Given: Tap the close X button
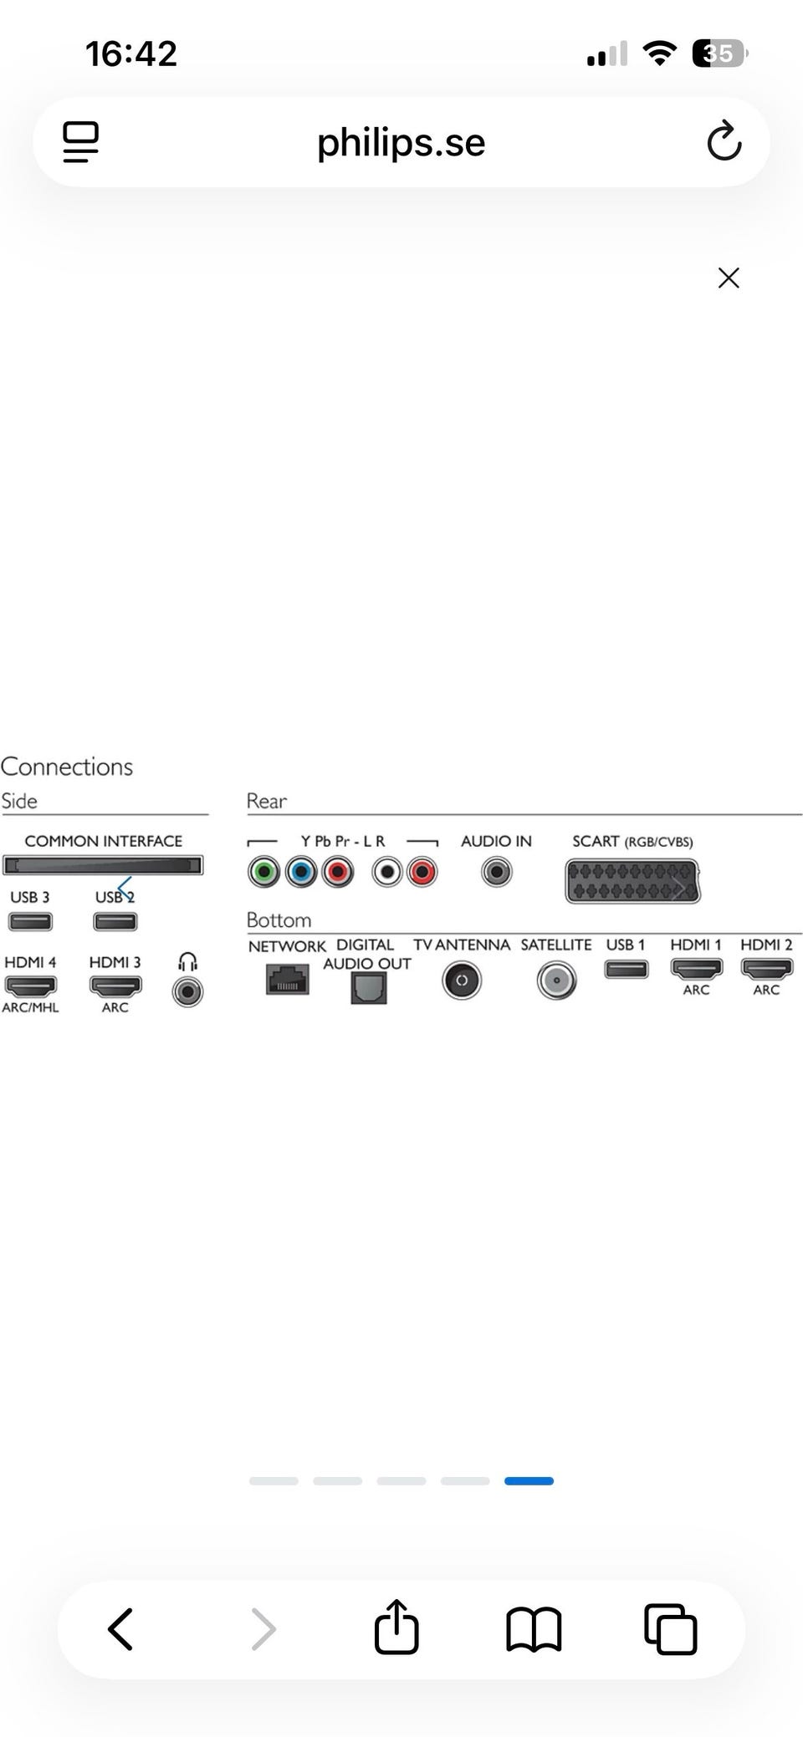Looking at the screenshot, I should (x=729, y=278).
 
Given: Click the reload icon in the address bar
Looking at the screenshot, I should (x=724, y=140).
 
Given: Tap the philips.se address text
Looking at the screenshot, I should (x=401, y=142).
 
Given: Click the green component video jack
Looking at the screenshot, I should (x=263, y=873).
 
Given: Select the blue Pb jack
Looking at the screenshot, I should (x=301, y=873).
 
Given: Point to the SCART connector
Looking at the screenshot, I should (x=632, y=881).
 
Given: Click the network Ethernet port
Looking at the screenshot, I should (x=288, y=979).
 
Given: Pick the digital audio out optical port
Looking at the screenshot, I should (x=368, y=989).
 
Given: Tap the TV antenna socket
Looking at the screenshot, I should (x=461, y=980).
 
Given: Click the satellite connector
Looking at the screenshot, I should (x=556, y=981).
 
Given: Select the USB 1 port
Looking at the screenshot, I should (x=627, y=970).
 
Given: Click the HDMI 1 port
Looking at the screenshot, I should (x=696, y=969).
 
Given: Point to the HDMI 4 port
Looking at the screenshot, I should (x=31, y=986).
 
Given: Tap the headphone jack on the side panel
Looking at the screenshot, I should (x=187, y=992).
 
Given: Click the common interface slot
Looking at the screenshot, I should (x=103, y=865).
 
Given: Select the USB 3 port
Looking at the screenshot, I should (x=30, y=922).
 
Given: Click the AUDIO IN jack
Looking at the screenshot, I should (x=496, y=873).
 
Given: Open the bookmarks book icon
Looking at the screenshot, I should (x=534, y=1629).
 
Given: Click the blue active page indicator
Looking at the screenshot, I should (x=529, y=1481).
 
